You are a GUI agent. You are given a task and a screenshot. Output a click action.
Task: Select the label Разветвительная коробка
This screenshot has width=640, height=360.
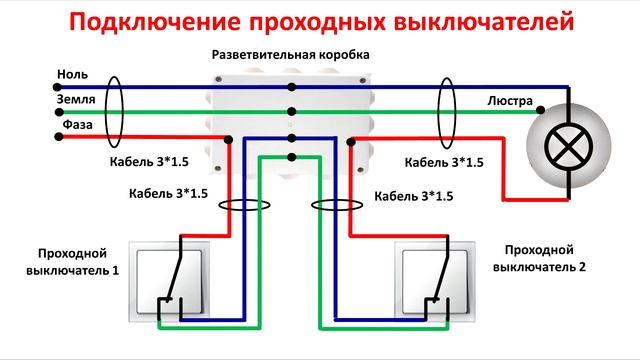tap(290, 55)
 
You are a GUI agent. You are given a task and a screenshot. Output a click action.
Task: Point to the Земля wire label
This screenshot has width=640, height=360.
tap(76, 101)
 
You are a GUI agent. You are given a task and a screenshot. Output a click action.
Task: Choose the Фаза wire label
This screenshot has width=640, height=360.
tap(74, 126)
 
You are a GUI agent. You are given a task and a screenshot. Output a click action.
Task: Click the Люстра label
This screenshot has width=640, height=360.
tap(509, 101)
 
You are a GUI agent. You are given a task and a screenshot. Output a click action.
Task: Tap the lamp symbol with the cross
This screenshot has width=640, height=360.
tap(565, 147)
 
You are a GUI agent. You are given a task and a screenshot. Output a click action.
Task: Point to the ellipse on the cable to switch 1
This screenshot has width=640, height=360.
tap(243, 207)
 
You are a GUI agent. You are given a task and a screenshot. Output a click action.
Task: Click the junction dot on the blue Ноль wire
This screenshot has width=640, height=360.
tap(290, 88)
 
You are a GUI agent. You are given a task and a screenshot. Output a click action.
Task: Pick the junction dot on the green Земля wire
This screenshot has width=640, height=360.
tap(290, 113)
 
